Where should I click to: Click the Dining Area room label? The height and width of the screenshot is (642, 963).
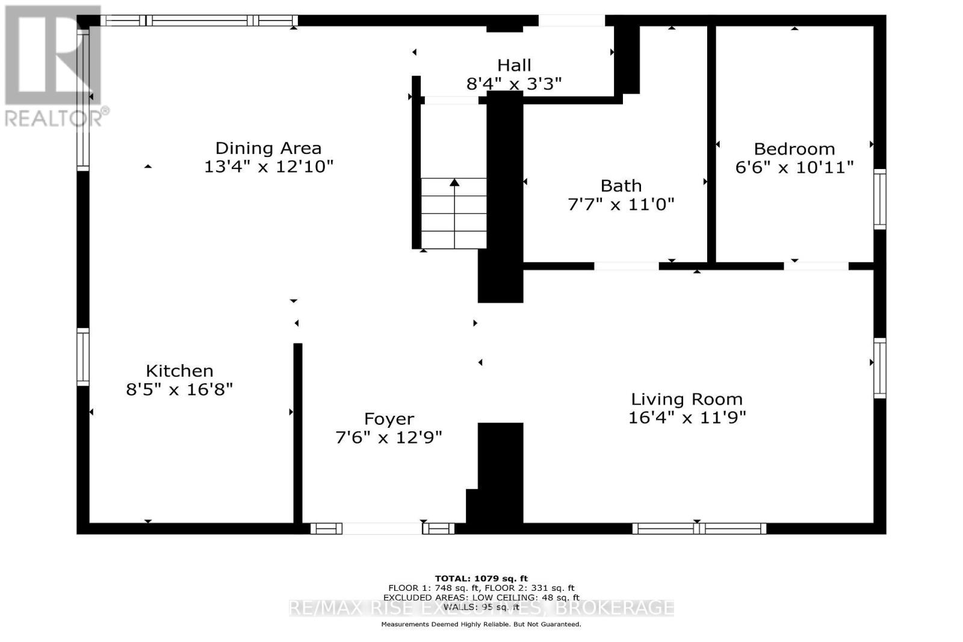click(x=268, y=148)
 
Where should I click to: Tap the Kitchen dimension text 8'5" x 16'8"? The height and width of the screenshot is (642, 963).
click(x=179, y=389)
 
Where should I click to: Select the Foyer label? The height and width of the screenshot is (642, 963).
click(x=389, y=419)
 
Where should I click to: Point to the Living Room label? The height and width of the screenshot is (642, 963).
click(x=687, y=399)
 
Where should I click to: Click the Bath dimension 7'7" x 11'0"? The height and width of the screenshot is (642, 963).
click(x=621, y=205)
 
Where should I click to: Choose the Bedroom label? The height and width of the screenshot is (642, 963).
click(x=794, y=149)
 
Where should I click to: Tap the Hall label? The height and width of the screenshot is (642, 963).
click(x=514, y=65)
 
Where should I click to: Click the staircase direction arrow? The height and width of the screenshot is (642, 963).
click(x=454, y=182)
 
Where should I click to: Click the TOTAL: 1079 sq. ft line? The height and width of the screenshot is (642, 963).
click(x=482, y=579)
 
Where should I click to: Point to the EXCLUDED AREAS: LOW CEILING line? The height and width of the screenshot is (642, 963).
click(x=482, y=597)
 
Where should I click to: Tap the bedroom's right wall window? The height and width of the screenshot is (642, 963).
click(x=880, y=199)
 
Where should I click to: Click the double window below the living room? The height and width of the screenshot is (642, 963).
click(x=699, y=529)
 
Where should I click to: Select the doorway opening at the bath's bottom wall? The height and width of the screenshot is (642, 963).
click(x=626, y=266)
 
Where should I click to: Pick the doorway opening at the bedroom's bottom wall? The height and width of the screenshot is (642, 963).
click(x=816, y=266)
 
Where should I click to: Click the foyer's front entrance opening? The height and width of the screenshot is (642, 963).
click(x=382, y=529)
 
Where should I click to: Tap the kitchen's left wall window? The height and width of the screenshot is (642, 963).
click(x=83, y=357)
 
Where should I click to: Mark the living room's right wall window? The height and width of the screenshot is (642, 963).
click(x=880, y=368)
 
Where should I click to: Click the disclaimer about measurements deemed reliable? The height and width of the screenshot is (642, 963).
click(x=482, y=625)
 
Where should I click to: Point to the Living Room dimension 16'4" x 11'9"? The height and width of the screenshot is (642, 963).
click(x=687, y=417)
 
